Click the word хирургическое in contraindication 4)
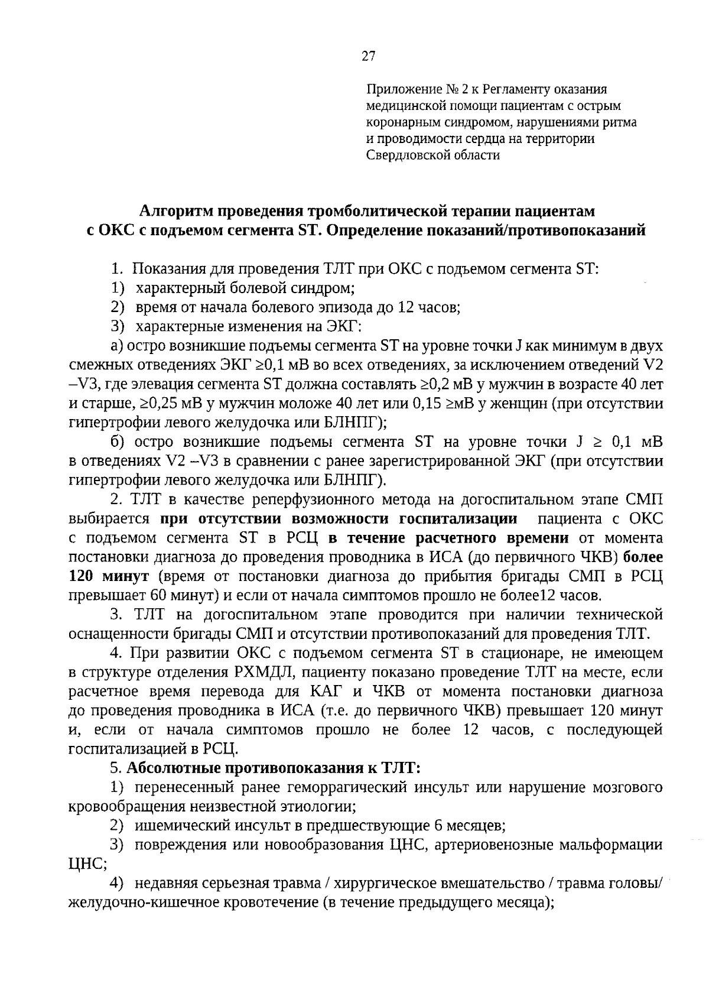pos(389,884)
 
